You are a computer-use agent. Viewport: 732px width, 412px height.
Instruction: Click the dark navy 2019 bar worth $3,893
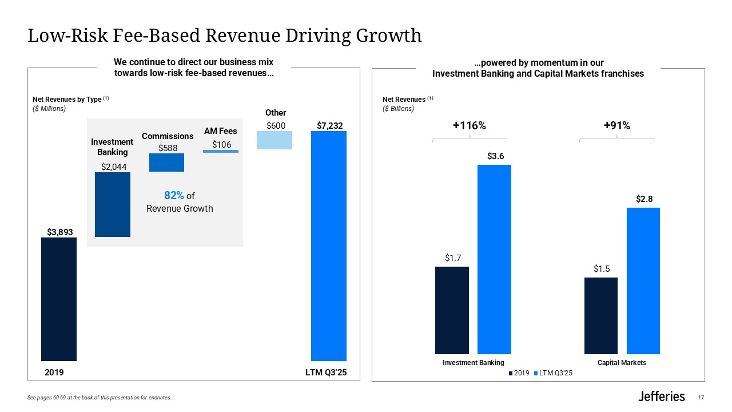pos(59,299)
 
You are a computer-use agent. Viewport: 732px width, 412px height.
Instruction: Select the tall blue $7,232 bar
pos(329,246)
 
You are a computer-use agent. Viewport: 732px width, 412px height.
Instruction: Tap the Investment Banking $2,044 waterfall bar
pos(113,204)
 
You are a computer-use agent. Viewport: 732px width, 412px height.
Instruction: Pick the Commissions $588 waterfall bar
pos(166,163)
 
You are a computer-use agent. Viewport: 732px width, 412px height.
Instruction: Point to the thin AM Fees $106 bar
pos(221,151)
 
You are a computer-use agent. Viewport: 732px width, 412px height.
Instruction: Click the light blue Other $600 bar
pos(274,140)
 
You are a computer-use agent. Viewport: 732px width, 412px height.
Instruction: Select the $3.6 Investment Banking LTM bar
pos(495,259)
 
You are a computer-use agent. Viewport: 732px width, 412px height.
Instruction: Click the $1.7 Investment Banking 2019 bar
pos(452,310)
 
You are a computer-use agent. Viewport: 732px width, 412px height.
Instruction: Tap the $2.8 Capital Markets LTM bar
pos(643,280)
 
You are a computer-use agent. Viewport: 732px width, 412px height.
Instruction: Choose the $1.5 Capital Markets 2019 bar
pos(601,316)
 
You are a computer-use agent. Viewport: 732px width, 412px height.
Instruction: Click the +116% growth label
pos(470,126)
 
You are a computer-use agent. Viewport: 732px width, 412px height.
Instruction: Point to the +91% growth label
pos(616,126)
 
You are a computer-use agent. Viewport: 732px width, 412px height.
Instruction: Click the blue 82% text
pos(174,196)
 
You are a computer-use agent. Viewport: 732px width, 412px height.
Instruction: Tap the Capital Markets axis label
pos(622,363)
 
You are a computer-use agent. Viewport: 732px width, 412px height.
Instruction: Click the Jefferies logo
pos(661,396)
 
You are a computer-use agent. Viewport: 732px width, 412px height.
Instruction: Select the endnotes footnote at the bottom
pos(99,398)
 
